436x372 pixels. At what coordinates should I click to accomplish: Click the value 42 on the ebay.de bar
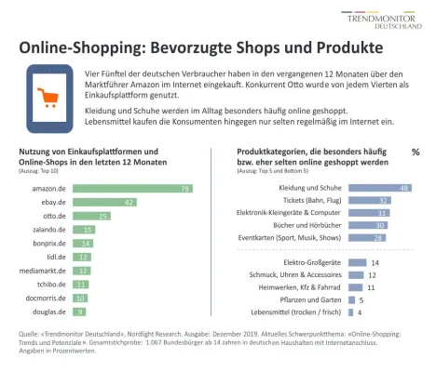tap(130, 203)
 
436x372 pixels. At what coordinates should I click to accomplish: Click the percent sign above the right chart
tap(416, 152)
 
